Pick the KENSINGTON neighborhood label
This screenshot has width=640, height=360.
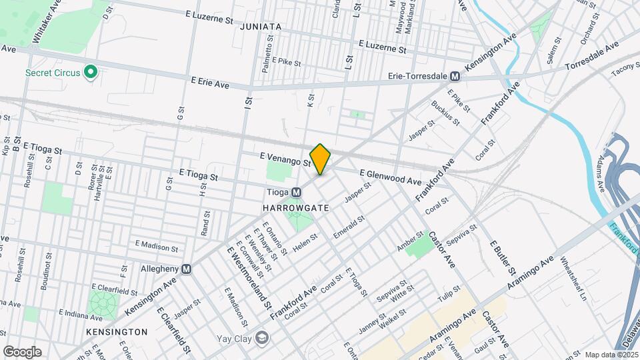coord(117,331)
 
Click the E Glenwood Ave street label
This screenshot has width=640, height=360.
coord(390,177)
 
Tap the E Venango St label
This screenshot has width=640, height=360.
coord(285,159)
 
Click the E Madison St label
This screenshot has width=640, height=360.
coord(157,245)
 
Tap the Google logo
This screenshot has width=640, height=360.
coord(22,351)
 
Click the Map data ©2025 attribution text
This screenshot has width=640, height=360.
coord(611,355)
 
